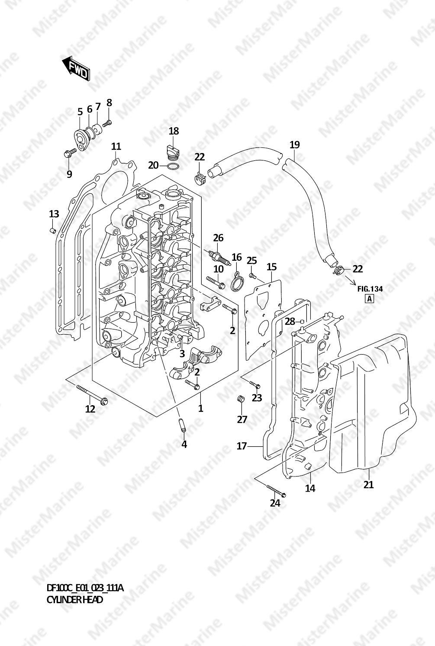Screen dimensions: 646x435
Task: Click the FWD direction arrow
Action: click(76, 68)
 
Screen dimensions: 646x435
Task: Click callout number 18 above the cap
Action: click(174, 131)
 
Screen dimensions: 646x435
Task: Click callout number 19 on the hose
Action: click(294, 144)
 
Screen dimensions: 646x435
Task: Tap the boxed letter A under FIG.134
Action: click(369, 298)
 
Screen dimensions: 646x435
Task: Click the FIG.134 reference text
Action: click(370, 289)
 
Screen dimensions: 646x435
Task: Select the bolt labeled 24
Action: click(276, 489)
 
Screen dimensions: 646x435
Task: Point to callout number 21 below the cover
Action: click(368, 485)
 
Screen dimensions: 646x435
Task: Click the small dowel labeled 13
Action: click(52, 230)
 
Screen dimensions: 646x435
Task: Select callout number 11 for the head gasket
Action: click(116, 146)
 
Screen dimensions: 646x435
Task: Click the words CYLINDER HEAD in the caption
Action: click(74, 600)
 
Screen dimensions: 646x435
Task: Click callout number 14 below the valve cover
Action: click(310, 488)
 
